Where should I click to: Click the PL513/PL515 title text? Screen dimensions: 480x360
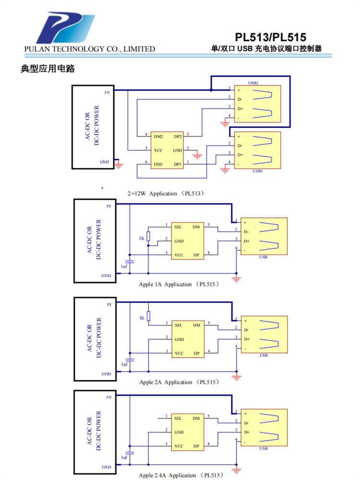point(271,37)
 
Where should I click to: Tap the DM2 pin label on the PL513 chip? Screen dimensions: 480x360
point(158,136)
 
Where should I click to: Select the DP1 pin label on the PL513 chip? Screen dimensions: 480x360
point(178,164)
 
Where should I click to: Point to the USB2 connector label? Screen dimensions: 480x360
point(253,83)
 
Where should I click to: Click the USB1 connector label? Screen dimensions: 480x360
point(258,171)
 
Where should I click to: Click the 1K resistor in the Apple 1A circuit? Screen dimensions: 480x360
point(148,236)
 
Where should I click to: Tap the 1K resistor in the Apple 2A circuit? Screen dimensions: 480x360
point(148,316)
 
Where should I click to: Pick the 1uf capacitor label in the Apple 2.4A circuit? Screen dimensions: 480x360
point(124,458)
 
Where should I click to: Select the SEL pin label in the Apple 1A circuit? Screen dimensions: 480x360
point(178,226)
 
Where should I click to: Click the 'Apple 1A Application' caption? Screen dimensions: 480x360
point(179,284)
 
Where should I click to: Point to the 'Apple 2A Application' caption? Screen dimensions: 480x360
point(179,382)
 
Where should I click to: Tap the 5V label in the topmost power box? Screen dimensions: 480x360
point(107,92)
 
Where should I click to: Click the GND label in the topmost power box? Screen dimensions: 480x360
point(105,162)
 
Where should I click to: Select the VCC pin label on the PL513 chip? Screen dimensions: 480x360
point(158,150)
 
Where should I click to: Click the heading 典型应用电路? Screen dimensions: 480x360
point(48,69)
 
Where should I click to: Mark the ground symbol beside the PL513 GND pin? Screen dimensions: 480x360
point(196,155)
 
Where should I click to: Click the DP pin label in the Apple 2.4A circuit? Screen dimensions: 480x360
point(196,446)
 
